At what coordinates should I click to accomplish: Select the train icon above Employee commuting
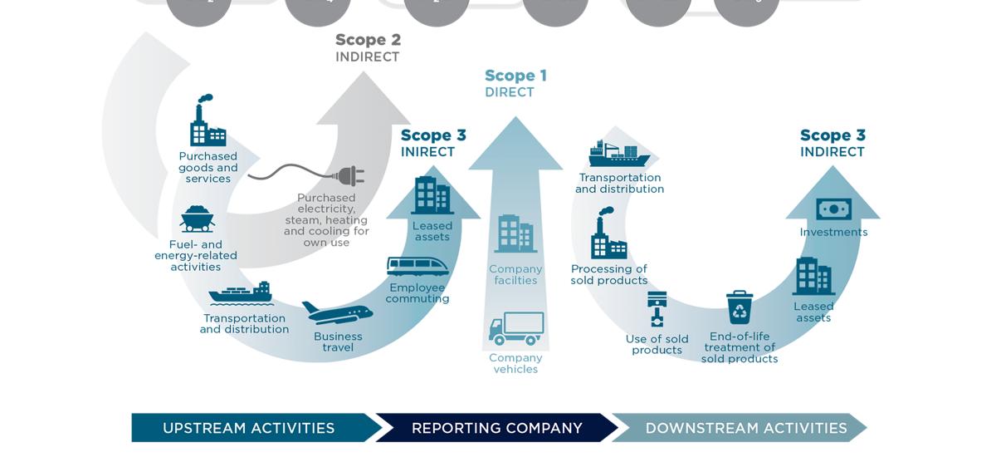[417, 267]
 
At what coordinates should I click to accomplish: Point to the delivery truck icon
[516, 329]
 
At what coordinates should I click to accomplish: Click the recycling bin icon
[739, 307]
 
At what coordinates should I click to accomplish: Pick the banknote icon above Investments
[833, 209]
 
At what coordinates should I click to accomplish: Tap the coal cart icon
[197, 219]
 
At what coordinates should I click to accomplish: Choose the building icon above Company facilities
[515, 233]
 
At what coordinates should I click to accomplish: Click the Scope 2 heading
[368, 40]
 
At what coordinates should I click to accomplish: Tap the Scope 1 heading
[515, 76]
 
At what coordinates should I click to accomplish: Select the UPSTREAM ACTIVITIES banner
[249, 428]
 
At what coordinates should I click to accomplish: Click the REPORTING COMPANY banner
[496, 428]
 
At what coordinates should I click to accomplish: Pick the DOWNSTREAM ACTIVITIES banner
[745, 428]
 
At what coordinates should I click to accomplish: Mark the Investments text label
[833, 233]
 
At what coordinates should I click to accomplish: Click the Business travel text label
[338, 342]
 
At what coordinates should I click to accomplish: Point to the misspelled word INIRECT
[427, 152]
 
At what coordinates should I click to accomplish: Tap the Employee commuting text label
[417, 293]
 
